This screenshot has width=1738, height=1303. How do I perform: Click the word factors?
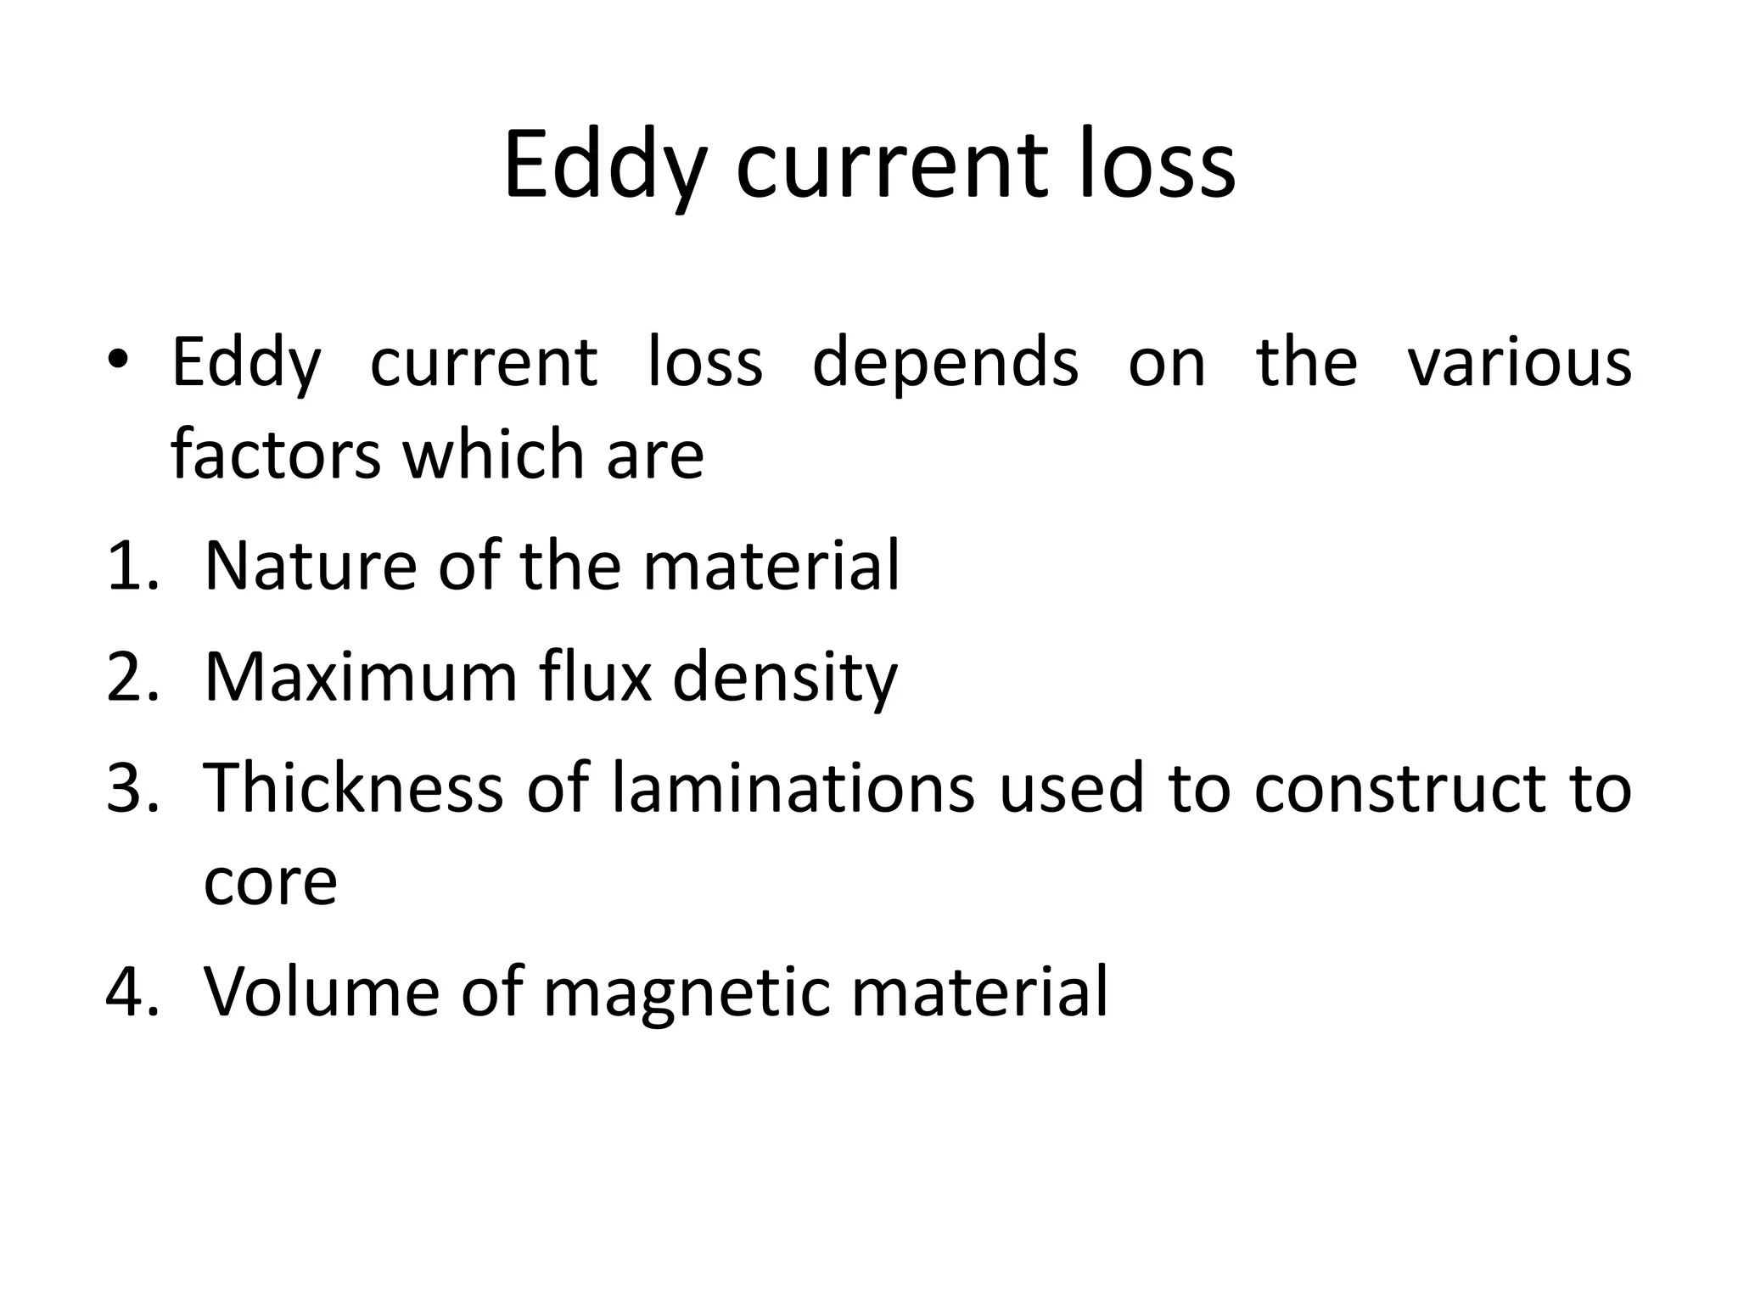pyautogui.click(x=275, y=454)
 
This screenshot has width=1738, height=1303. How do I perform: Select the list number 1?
pyautogui.click(x=132, y=566)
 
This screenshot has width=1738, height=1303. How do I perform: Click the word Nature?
pyautogui.click(x=311, y=566)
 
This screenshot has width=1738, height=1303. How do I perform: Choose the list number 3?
pyautogui.click(x=132, y=788)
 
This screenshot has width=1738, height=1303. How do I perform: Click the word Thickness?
pyautogui.click(x=354, y=788)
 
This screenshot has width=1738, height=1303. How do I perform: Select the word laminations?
pyautogui.click(x=793, y=788)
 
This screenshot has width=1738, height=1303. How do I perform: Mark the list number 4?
pyautogui.click(x=132, y=991)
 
